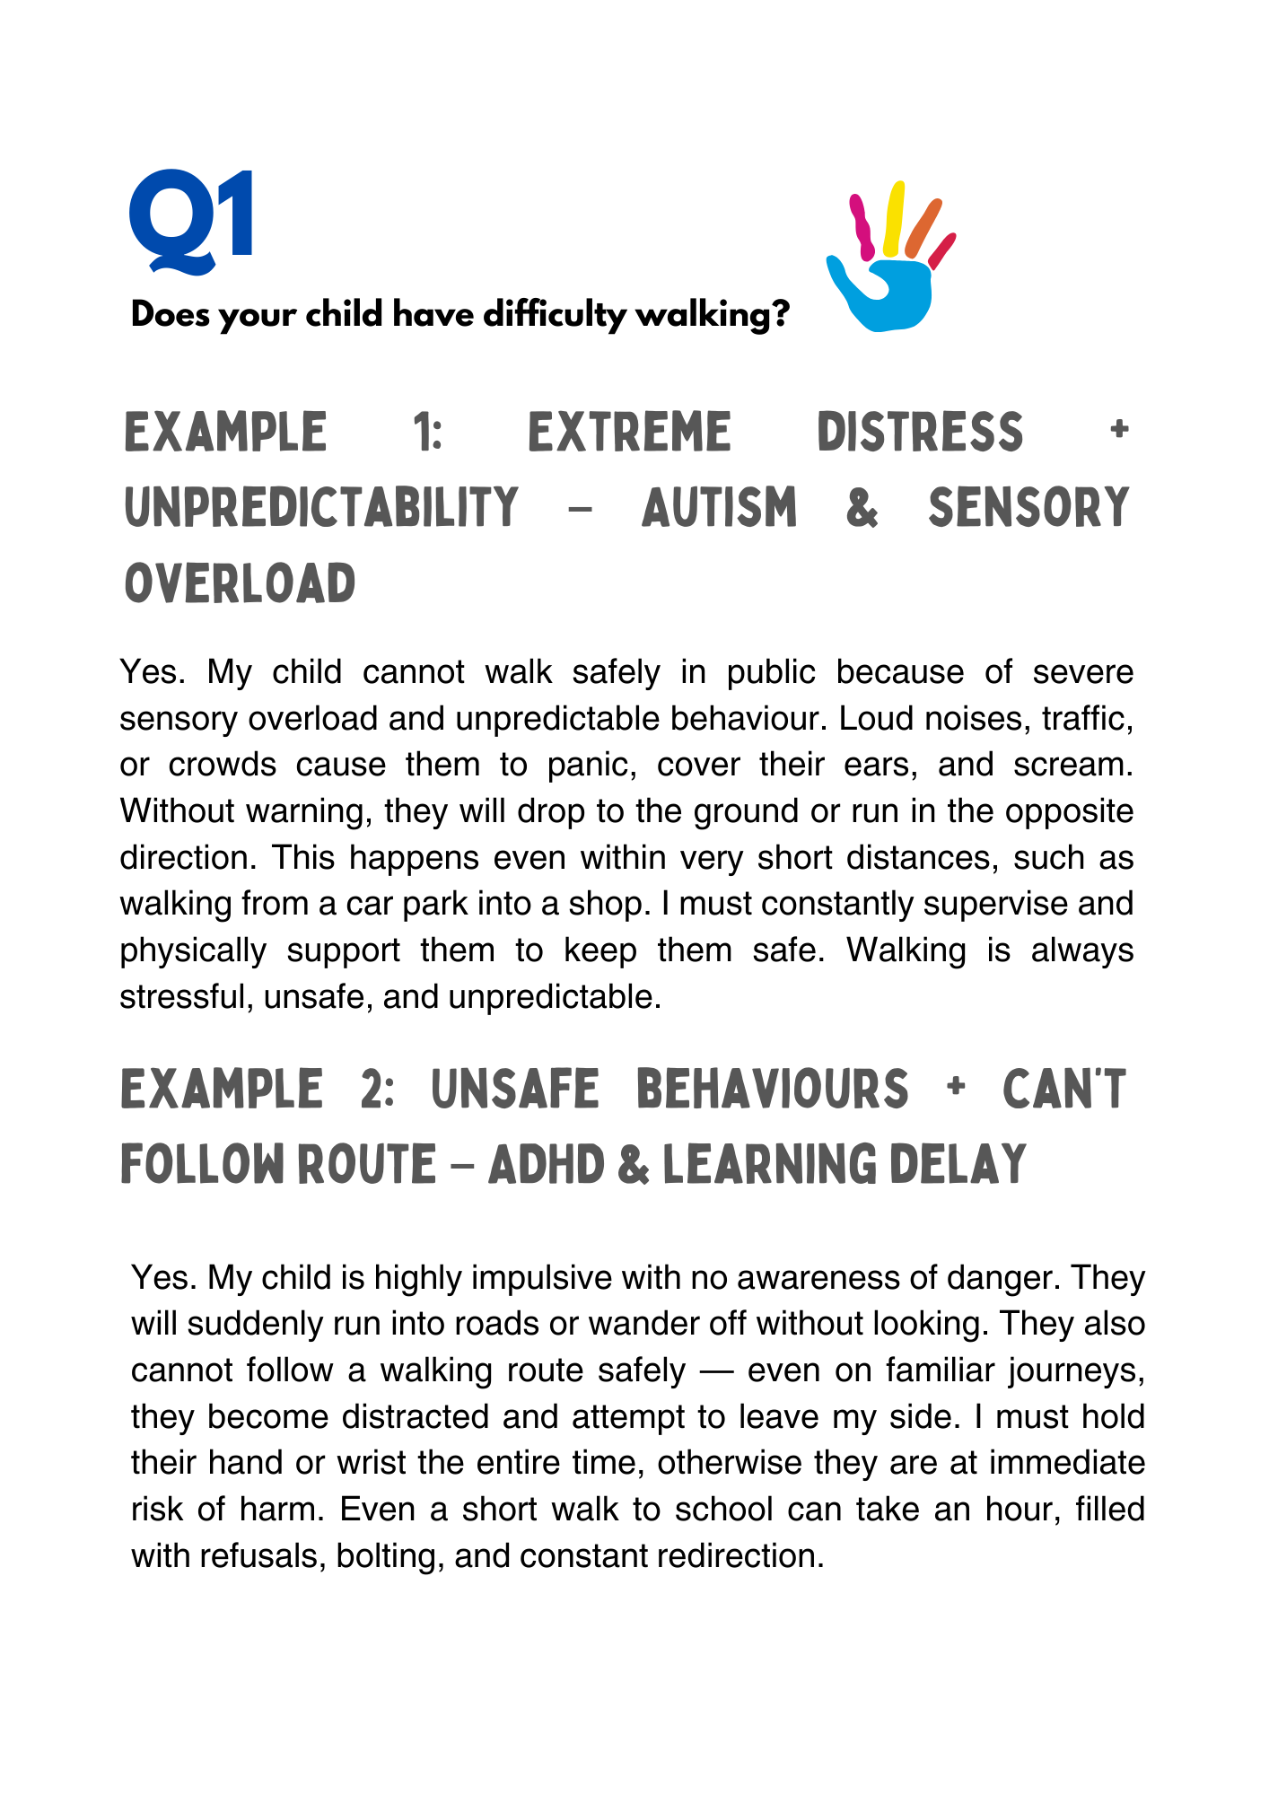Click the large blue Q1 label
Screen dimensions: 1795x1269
(191, 221)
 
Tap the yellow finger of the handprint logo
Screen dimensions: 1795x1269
(893, 218)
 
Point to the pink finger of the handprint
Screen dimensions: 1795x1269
(862, 227)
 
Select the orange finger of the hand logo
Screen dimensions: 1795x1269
(923, 228)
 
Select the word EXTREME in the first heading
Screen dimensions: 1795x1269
(629, 433)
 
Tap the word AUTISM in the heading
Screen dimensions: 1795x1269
(720, 508)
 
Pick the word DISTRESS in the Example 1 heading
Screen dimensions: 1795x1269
(920, 433)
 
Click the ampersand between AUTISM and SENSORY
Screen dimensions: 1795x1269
(862, 508)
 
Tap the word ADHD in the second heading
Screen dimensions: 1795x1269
(547, 1166)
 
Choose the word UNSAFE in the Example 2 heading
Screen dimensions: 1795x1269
(515, 1090)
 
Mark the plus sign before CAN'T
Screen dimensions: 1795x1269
(956, 1088)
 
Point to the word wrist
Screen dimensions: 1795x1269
(371, 1463)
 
